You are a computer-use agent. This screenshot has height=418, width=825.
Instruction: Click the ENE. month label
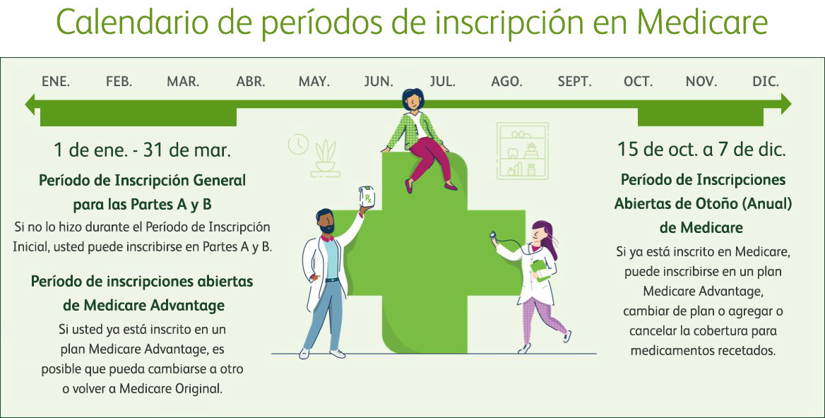pyautogui.click(x=56, y=81)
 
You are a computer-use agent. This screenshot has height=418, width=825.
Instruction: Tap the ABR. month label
pyautogui.click(x=251, y=81)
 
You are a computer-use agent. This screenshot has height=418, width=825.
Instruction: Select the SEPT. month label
pyautogui.click(x=574, y=81)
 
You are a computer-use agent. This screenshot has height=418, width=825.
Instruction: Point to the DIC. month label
pyautogui.click(x=766, y=81)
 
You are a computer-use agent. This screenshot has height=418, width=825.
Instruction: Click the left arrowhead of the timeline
pyautogui.click(x=30, y=104)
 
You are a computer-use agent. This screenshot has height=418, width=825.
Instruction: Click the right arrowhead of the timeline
pyautogui.click(x=785, y=104)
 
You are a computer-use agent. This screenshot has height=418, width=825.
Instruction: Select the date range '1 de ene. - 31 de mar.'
pyautogui.click(x=142, y=150)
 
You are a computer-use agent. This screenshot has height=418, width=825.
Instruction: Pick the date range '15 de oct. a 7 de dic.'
pyautogui.click(x=702, y=149)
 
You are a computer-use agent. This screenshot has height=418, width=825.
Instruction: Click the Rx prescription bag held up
pyautogui.click(x=367, y=197)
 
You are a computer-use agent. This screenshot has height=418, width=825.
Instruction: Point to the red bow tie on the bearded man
pyautogui.click(x=327, y=238)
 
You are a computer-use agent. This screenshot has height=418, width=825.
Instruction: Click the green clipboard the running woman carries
pyautogui.click(x=540, y=270)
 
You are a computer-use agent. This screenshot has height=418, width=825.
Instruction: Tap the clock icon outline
pyautogui.click(x=298, y=145)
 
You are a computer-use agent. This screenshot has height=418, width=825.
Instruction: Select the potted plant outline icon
pyautogui.click(x=325, y=158)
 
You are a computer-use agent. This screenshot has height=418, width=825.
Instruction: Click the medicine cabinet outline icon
pyautogui.click(x=523, y=151)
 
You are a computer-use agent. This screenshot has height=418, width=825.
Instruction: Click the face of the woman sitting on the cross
pyautogui.click(x=413, y=100)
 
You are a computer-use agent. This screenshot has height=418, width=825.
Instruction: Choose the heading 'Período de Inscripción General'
pyautogui.click(x=142, y=180)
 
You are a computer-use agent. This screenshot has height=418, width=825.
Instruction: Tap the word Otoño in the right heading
pyautogui.click(x=705, y=203)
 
